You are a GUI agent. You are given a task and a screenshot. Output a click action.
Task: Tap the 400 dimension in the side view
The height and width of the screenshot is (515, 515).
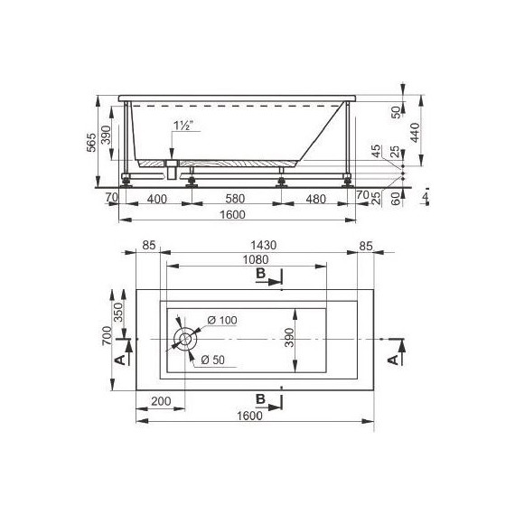click(156, 199)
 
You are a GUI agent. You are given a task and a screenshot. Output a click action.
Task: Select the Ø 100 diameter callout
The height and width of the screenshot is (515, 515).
click(220, 321)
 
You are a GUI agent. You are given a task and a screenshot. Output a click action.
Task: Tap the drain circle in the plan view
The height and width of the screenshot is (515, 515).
click(186, 339)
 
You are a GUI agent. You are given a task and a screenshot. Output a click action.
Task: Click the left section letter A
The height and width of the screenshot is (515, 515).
click(121, 359)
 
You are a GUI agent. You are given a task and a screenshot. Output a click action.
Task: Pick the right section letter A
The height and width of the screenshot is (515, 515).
click(392, 359)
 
